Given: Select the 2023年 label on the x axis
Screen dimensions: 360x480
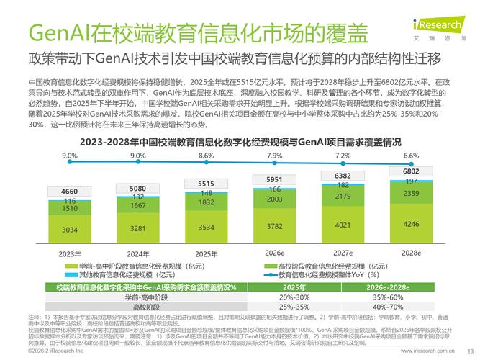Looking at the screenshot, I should (69, 253).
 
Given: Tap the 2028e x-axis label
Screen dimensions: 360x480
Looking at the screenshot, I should (411, 253).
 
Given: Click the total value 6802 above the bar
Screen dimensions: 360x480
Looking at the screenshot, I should (411, 171).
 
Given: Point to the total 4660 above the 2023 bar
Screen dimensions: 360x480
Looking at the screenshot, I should (69, 191).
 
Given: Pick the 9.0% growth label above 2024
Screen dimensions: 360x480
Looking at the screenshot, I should (138, 156).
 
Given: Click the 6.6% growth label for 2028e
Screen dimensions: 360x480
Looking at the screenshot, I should (411, 156).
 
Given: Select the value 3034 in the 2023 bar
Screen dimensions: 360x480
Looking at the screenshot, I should (69, 230).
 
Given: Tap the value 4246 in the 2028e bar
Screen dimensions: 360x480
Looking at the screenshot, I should (411, 224).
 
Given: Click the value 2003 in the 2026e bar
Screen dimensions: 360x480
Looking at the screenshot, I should (274, 199).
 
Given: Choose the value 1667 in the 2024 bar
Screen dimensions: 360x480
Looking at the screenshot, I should (138, 205).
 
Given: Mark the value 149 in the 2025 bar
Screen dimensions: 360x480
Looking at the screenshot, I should (207, 193).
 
